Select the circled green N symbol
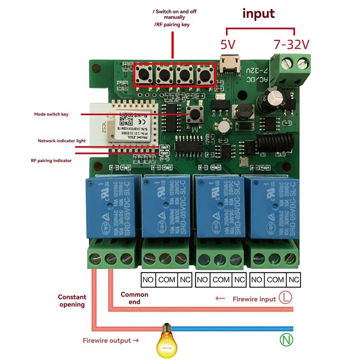click(286, 340)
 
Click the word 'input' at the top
click(258, 13)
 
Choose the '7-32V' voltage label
click(292, 45)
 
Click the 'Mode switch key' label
click(51, 114)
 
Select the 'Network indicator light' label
click(62, 141)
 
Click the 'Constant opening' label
click(72, 301)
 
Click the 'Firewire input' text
click(254, 299)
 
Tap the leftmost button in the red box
click(144, 74)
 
